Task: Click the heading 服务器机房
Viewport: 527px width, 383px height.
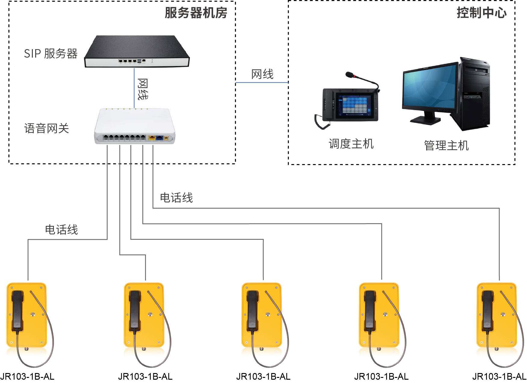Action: (196, 13)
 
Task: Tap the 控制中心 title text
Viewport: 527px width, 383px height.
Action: (481, 13)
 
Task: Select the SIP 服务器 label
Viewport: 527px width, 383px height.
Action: (51, 54)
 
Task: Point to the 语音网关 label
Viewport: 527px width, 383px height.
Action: (47, 128)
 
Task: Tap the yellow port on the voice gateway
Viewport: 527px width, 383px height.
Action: (152, 138)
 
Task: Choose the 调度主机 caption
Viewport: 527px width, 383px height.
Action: (351, 144)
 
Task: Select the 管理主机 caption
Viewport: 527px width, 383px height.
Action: (446, 146)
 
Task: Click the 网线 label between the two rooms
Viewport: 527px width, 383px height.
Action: (262, 74)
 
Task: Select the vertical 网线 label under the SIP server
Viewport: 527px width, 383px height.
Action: (143, 89)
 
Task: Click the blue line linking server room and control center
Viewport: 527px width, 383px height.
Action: (262, 82)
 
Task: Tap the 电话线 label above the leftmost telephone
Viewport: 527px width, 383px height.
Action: (61, 230)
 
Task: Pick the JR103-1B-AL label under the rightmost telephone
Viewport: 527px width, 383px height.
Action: (499, 377)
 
